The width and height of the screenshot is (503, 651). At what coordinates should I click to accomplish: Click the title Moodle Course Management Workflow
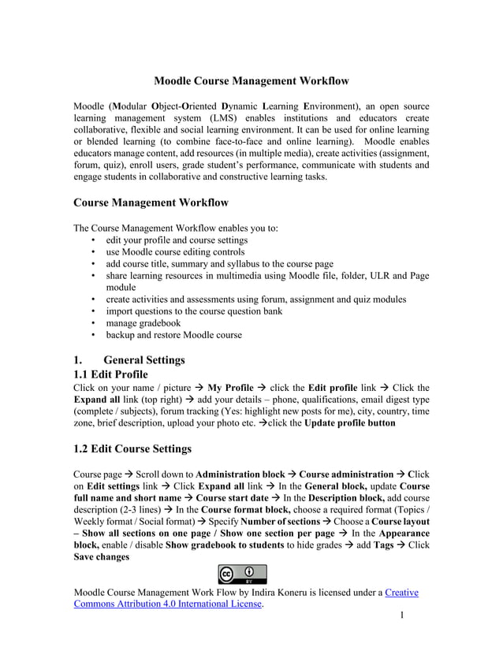[x=251, y=80]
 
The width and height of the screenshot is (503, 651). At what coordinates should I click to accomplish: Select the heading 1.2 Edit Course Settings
[x=132, y=448]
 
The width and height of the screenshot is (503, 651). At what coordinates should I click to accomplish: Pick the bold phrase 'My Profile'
[x=229, y=388]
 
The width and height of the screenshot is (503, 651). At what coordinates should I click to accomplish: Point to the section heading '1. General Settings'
[x=129, y=359]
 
